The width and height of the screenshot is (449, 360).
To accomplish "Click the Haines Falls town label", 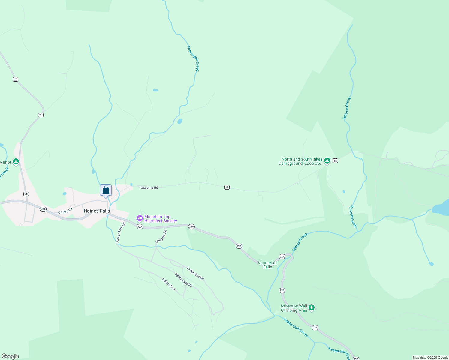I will point(97,211).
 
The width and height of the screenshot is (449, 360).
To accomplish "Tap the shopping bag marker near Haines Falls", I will point(106,190).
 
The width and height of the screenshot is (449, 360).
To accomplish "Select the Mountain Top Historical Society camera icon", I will point(140,218).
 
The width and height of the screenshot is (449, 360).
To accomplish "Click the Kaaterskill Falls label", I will point(267,265).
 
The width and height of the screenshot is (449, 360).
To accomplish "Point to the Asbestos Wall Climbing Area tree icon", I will point(312,307).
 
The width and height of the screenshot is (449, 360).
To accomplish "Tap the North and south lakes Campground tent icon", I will point(327,161).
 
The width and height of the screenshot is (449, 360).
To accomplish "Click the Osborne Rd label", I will point(149,187).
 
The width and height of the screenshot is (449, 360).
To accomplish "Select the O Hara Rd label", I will point(65,211).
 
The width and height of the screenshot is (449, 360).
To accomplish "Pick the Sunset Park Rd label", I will point(121,233).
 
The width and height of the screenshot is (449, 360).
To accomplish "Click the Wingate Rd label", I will point(161,237).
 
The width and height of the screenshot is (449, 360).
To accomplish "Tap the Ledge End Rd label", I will point(195,274).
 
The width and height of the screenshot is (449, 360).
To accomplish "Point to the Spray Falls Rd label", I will point(184,280).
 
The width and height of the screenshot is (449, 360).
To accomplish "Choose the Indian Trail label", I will point(169,284).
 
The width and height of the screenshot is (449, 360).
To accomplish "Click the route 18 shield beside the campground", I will point(335,161).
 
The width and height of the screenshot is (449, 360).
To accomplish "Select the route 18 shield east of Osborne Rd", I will point(227,187).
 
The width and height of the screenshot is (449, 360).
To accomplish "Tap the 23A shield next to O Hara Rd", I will point(43,209).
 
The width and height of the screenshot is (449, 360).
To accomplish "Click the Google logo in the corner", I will point(10,356).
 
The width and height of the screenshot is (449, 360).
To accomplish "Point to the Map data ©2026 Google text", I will point(430,358).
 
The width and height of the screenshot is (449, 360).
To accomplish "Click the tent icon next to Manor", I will point(16,162).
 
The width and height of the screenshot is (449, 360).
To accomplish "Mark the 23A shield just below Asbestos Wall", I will point(315,328).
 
